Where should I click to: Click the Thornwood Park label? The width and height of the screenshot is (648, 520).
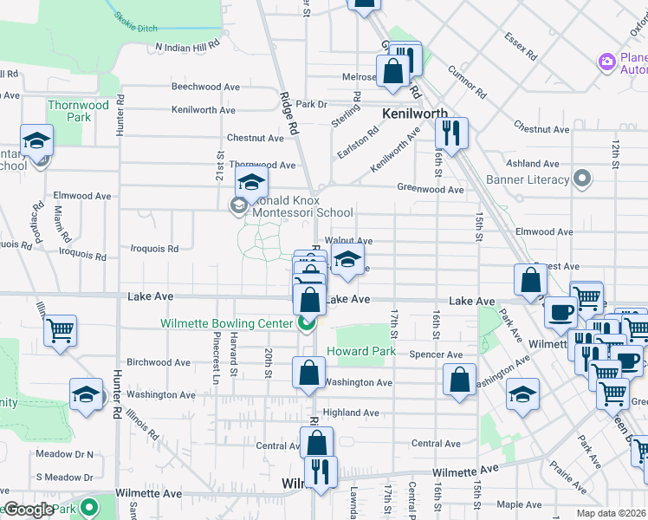[78, 111]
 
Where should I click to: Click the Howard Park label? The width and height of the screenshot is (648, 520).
[361, 352]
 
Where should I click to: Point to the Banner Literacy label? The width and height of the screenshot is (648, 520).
[528, 180]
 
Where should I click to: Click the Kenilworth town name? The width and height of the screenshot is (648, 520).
[415, 114]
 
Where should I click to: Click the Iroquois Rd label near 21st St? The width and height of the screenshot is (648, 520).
[154, 249]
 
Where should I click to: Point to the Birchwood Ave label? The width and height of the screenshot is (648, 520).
[158, 362]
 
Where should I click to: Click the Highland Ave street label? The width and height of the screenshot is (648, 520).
[351, 413]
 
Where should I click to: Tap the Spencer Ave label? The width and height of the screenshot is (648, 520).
[437, 354]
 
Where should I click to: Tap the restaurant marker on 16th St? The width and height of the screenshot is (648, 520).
[451, 133]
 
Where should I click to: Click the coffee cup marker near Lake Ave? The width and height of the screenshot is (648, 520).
[561, 310]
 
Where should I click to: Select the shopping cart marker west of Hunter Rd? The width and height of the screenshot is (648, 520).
[60, 329]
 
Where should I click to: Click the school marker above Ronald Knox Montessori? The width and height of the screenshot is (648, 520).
[251, 182]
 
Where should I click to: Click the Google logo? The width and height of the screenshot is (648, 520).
[29, 510]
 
